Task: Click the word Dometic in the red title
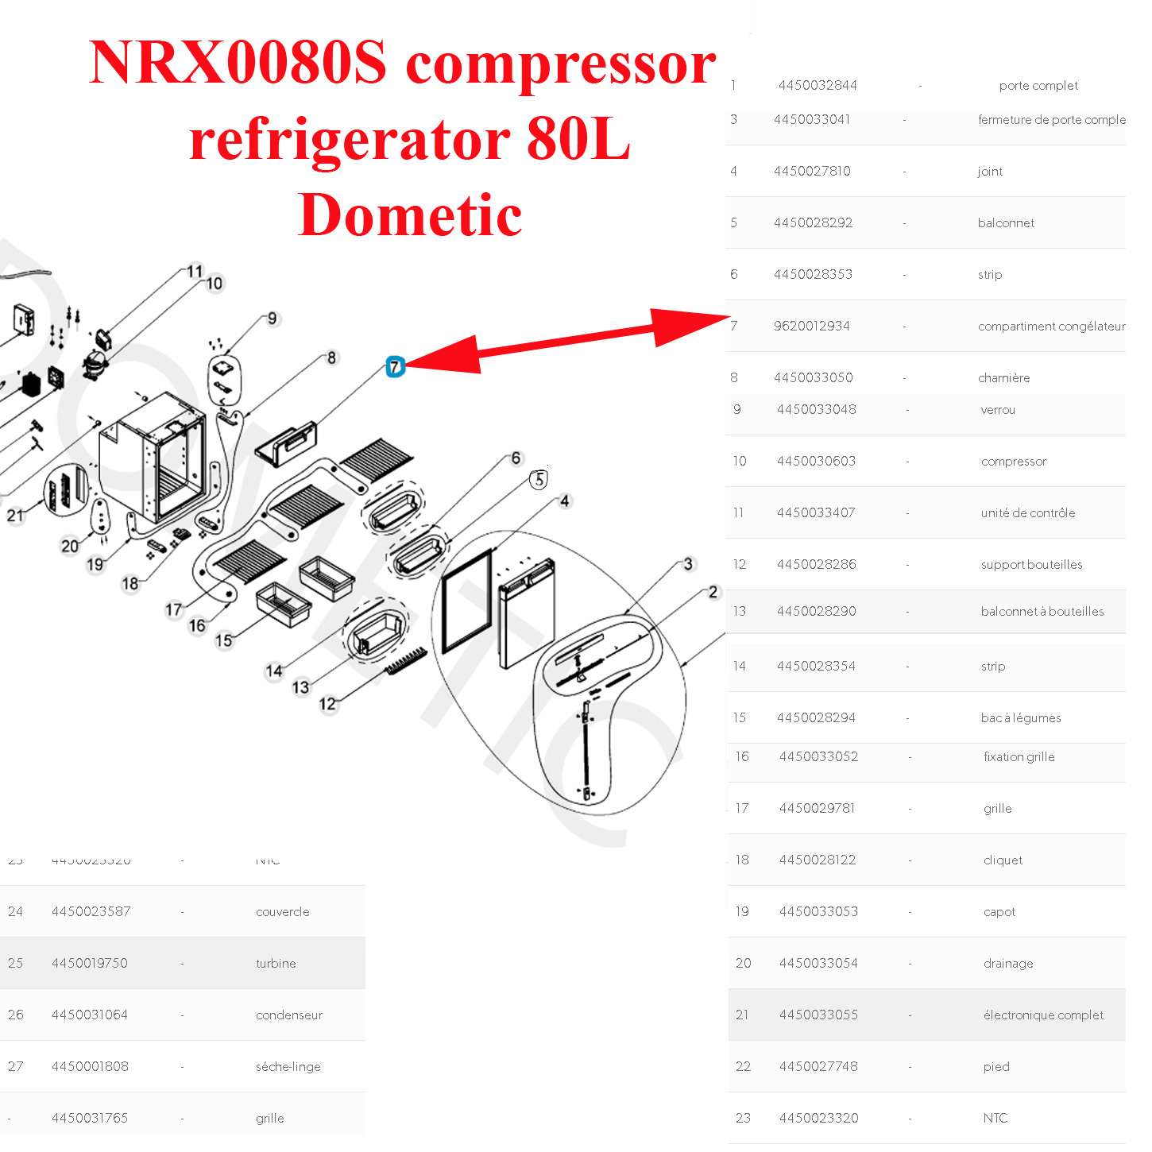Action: coord(410,215)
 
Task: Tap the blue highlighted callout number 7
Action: coord(395,367)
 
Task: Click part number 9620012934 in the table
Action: coord(811,326)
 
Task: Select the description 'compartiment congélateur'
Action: coord(1051,326)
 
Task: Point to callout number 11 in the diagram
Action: coord(195,272)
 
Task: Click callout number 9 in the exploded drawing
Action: coord(272,319)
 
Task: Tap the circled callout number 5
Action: coord(539,480)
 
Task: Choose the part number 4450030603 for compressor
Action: coord(816,461)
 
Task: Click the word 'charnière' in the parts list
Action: coord(1003,377)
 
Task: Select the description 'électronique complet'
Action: coord(1043,1015)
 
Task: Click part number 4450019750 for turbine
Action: coord(89,963)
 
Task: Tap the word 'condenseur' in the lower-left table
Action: coord(289,1015)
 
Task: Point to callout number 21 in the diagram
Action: coord(16,516)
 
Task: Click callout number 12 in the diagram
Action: coord(327,704)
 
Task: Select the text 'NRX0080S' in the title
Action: coord(238,63)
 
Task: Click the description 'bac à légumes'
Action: coord(1021,717)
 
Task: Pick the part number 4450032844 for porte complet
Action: coord(818,85)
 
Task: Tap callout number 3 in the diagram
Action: coord(688,564)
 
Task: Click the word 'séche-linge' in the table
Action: coord(288,1066)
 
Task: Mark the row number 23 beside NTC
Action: coord(743,1118)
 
